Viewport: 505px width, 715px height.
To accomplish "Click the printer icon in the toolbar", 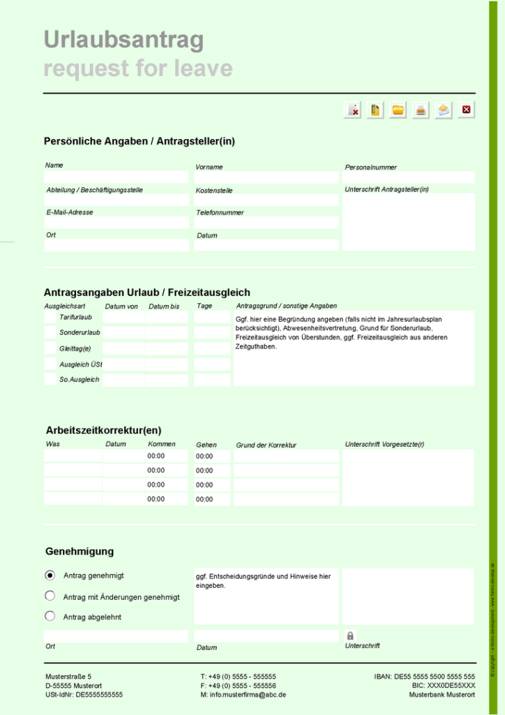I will point(421,110).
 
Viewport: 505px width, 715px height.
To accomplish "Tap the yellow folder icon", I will point(398,110).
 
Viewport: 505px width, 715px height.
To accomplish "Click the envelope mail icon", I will point(444,110).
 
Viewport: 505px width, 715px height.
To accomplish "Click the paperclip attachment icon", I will point(375,110).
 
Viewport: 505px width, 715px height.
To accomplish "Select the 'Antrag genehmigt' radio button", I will point(50,575).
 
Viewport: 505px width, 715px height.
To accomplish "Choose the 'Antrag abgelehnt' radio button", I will point(50,616).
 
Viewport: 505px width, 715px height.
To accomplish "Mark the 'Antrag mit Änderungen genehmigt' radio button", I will point(50,596).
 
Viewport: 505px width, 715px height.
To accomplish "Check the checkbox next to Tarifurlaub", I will point(50,318).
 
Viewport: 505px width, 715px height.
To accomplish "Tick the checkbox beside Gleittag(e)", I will point(50,348).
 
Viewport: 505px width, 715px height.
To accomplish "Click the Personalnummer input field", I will point(409,177).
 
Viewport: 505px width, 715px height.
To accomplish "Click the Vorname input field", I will point(266,177).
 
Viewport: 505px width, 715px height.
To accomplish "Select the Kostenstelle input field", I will point(266,200).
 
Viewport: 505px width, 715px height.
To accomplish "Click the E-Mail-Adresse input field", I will point(116,223).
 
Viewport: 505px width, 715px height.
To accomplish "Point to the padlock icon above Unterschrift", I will point(350,635).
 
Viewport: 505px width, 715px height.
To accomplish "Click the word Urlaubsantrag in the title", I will point(123,40).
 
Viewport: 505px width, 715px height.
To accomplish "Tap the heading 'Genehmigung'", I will point(80,552).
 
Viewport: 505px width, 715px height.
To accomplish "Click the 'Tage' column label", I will point(204,306).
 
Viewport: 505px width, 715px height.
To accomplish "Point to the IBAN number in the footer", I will point(425,677).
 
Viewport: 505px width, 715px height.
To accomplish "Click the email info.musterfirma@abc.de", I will point(243,695).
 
